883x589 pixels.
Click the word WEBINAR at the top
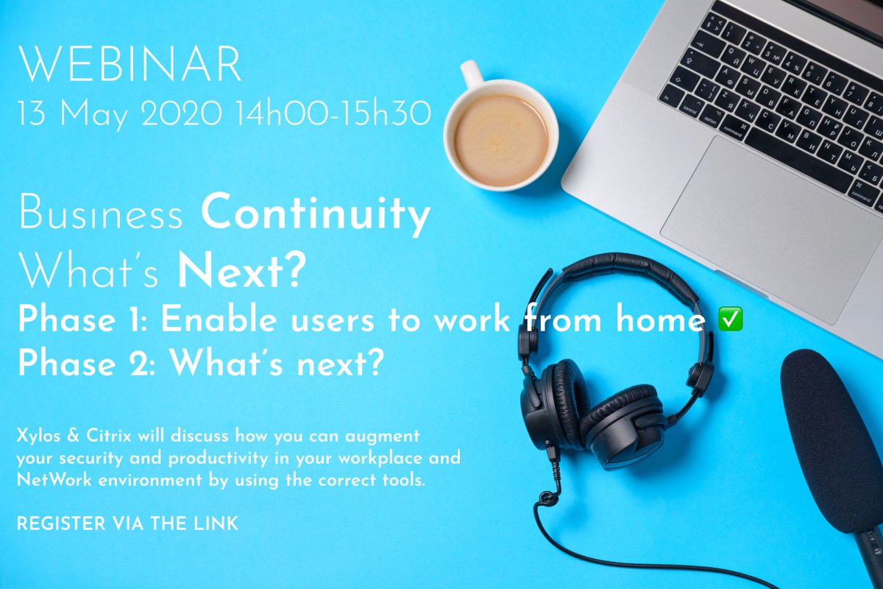(x=130, y=67)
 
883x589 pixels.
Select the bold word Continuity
(x=316, y=215)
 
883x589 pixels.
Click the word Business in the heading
(x=101, y=215)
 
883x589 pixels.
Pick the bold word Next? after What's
(x=241, y=272)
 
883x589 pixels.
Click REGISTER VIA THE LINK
(x=127, y=524)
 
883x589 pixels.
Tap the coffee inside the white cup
(x=500, y=139)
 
